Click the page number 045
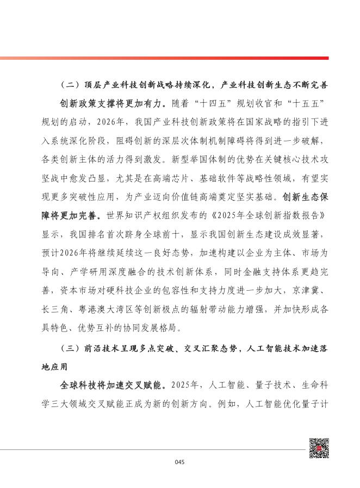[181, 462]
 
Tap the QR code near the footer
[319, 448]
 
